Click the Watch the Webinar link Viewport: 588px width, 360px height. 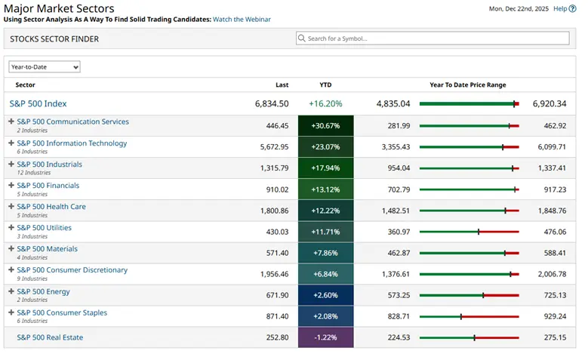(x=242, y=20)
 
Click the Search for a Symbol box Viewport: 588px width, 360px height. (x=433, y=38)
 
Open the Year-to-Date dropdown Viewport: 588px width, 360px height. (x=45, y=67)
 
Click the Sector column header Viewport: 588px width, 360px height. (x=25, y=85)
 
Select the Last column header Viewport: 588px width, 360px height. (x=282, y=85)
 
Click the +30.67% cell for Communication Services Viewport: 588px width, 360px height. (x=325, y=126)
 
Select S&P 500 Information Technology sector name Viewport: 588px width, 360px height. (x=72, y=143)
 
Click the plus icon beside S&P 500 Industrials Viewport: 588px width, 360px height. (x=11, y=165)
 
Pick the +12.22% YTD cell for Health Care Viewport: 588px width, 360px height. (x=325, y=211)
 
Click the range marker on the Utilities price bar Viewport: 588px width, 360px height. (x=479, y=232)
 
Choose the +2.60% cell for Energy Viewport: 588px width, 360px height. (x=325, y=295)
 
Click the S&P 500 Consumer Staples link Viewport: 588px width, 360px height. (x=62, y=312)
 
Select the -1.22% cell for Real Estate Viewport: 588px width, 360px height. (x=325, y=337)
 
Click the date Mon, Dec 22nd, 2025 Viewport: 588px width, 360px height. (x=519, y=9)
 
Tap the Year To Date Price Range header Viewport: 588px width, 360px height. (x=468, y=85)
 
